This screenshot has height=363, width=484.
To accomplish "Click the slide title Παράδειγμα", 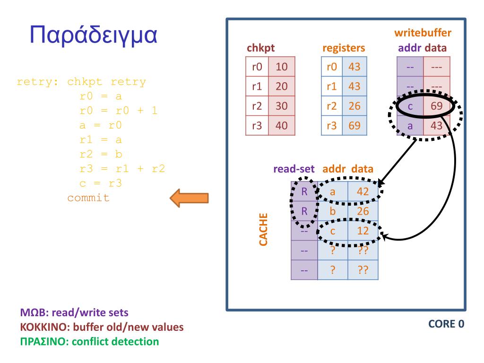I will pos(93,35).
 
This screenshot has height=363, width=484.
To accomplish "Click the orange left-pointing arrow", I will pos(189,198).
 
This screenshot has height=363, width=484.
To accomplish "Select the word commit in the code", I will pos(88,198).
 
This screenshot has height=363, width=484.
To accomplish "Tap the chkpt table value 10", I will pos(282,67).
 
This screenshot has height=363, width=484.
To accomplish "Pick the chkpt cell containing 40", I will pos(282,126).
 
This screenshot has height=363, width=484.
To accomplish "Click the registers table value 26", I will pos(354,106).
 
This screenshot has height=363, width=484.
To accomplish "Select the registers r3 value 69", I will pos(354,126).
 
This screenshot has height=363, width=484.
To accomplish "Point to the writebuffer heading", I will pos(423,33).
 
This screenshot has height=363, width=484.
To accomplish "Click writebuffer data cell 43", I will pos(436,126).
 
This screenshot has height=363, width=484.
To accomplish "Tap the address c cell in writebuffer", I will pos(410,106).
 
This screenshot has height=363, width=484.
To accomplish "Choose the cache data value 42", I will pos(363,191).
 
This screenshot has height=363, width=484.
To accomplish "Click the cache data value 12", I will pos(363,231).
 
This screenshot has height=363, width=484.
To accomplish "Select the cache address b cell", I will pos(332,211).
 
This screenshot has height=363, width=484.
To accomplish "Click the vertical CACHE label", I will pos(264,229).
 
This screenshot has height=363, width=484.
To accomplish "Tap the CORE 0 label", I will pos(446,324).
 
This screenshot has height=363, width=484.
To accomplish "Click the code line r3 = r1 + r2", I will pos(122,168).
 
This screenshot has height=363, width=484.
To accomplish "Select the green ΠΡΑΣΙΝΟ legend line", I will pos(89,341).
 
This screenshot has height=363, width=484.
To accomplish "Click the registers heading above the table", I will pos(344,48).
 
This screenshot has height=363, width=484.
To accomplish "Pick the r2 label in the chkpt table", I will pos(257,106).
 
